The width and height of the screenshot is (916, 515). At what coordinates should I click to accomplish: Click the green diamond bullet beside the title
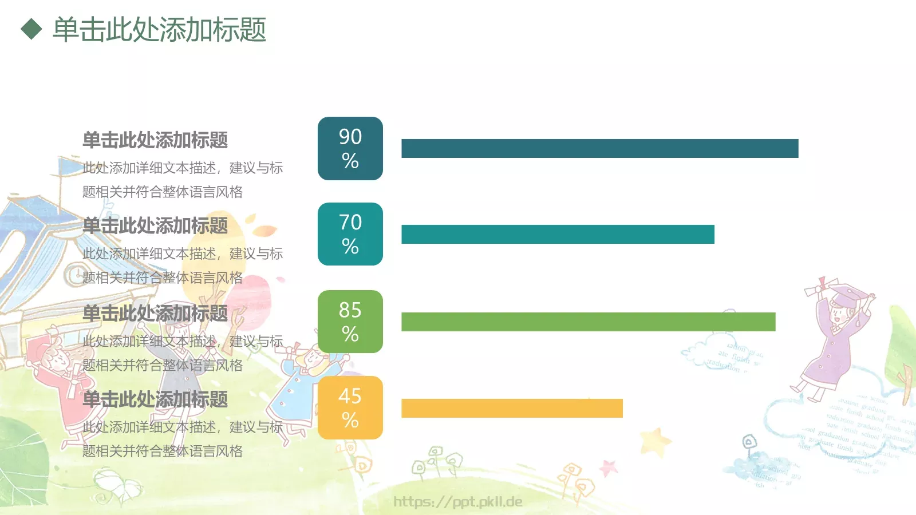tap(31, 29)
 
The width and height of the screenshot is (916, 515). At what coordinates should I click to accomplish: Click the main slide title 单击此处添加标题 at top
tap(159, 30)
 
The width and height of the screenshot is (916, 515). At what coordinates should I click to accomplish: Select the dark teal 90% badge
tap(350, 149)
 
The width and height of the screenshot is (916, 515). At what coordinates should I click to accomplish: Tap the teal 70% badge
tap(350, 234)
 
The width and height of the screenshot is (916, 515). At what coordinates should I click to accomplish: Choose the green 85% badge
tap(350, 322)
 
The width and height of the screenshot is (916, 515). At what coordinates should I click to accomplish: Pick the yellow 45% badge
tap(350, 407)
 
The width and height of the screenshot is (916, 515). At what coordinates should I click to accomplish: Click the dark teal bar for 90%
tap(599, 149)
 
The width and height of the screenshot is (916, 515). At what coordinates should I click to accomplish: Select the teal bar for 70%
tap(558, 234)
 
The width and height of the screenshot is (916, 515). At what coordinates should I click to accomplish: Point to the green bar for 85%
tap(588, 322)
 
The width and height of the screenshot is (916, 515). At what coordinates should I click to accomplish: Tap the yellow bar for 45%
tap(512, 408)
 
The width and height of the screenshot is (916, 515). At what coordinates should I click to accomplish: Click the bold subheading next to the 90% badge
tap(155, 140)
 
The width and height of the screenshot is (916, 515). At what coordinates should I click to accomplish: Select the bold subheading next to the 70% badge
tap(155, 226)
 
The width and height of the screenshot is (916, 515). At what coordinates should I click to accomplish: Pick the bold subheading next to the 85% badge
tap(155, 314)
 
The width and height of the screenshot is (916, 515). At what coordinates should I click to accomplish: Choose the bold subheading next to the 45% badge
tap(155, 399)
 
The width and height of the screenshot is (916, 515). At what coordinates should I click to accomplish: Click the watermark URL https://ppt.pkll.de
tap(458, 502)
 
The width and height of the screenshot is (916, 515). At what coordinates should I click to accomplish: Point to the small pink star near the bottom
tap(608, 468)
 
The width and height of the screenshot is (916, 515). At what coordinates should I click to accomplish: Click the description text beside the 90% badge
tap(182, 180)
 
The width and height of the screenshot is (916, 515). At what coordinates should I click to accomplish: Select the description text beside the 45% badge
tap(182, 439)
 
